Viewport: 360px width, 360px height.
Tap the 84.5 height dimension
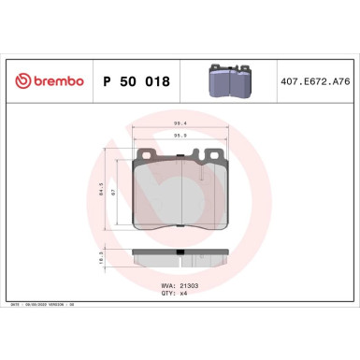(100, 193)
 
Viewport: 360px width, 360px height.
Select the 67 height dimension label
(112, 193)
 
